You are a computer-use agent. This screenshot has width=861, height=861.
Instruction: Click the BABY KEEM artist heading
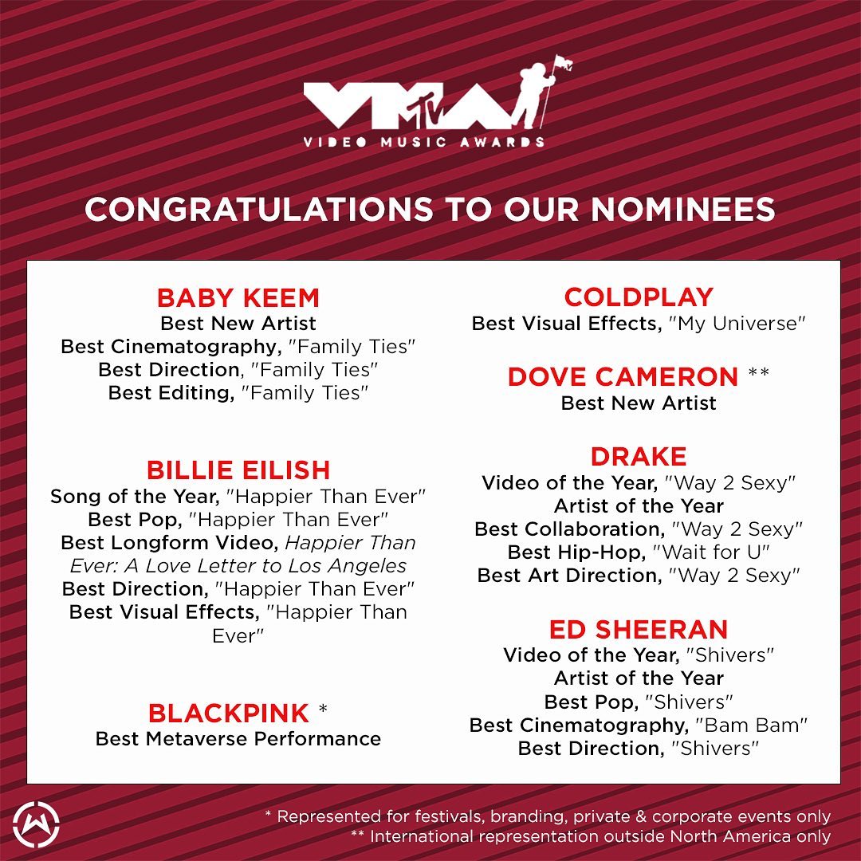tap(238, 298)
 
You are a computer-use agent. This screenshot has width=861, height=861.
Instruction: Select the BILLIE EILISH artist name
tap(238, 470)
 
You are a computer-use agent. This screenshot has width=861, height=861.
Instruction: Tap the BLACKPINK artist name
tap(229, 714)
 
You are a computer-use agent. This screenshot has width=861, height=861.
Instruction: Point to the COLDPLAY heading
tap(639, 297)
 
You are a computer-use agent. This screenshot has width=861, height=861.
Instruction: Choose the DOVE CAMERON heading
tap(623, 376)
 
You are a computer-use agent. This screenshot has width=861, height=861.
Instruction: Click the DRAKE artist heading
tap(639, 457)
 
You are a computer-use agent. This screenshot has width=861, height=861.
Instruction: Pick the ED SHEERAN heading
tap(639, 629)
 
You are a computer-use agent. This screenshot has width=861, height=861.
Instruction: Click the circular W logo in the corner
tap(36, 825)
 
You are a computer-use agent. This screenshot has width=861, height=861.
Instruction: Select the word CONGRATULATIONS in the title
tap(258, 209)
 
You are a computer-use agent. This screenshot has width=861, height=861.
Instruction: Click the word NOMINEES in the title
tap(682, 209)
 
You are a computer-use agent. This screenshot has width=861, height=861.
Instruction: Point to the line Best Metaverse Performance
tap(238, 739)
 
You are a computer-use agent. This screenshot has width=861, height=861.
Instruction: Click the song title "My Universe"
tap(737, 324)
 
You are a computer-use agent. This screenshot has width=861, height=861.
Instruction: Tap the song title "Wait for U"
tap(711, 552)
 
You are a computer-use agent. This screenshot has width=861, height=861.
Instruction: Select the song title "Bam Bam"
tap(751, 725)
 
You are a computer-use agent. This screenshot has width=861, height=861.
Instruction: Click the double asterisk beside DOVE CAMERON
tap(759, 373)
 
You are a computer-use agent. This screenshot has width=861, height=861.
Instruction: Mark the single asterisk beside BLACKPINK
tap(323, 709)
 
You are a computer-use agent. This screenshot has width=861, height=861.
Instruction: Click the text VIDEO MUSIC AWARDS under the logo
tap(423, 142)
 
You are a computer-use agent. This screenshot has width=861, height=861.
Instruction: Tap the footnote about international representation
tap(591, 837)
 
